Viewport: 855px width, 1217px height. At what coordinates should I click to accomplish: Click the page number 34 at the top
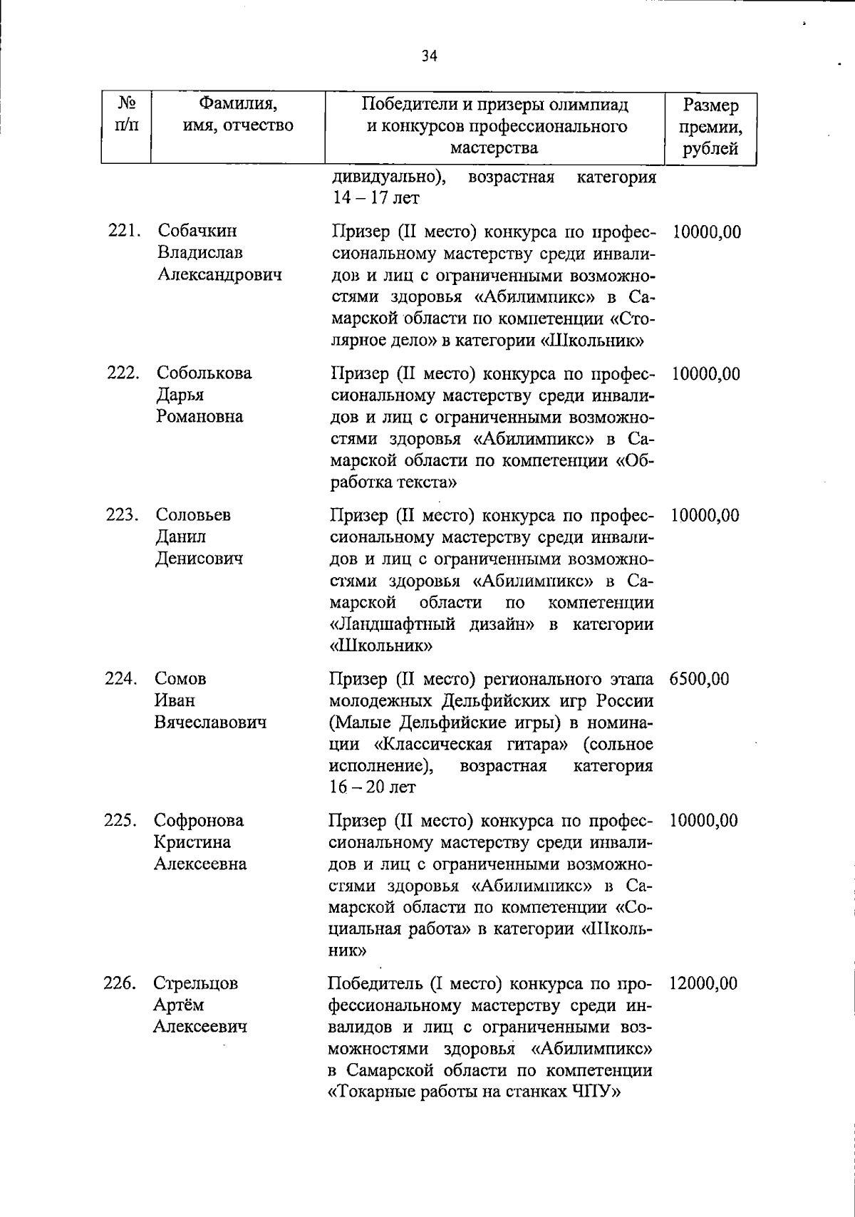pyautogui.click(x=428, y=56)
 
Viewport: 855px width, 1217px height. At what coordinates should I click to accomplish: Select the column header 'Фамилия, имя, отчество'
pyautogui.click(x=238, y=115)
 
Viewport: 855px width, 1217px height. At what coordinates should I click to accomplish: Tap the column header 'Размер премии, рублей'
pyautogui.click(x=710, y=127)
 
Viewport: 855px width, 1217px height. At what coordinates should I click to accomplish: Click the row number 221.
pyautogui.click(x=124, y=232)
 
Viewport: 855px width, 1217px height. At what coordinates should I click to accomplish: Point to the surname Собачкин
pyautogui.click(x=197, y=232)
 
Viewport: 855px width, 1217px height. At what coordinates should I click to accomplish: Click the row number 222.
pyautogui.click(x=123, y=373)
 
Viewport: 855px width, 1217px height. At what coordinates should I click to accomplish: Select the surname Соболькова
pyautogui.click(x=204, y=373)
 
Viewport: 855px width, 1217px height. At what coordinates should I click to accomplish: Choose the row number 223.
pyautogui.click(x=123, y=515)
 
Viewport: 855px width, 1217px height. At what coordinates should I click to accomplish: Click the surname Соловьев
pyautogui.click(x=193, y=515)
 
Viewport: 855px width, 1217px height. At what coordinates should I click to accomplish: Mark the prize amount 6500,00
pyautogui.click(x=699, y=678)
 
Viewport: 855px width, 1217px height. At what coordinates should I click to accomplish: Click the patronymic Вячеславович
pyautogui.click(x=210, y=722)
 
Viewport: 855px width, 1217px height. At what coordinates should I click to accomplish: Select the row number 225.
pyautogui.click(x=121, y=820)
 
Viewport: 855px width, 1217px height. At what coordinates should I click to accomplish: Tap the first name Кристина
pyautogui.click(x=192, y=842)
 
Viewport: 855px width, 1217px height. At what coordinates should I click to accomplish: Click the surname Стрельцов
pyautogui.click(x=196, y=983)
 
